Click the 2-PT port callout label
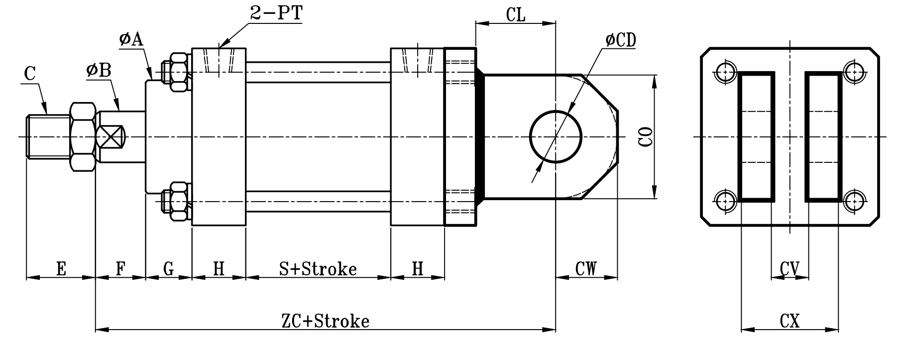click(276, 13)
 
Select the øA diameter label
click(131, 39)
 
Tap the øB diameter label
click(98, 71)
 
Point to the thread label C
click(30, 74)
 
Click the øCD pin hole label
click(621, 40)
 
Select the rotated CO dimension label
click(645, 136)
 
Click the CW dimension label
click(586, 269)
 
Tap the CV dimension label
click(789, 269)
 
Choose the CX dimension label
click(789, 321)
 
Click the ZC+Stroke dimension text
click(326, 321)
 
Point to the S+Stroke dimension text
click(318, 269)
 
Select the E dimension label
click(61, 269)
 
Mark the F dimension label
click(120, 269)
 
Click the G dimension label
click(169, 269)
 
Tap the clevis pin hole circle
click(556, 136)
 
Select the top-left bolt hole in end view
click(725, 72)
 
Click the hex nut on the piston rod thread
click(83, 136)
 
